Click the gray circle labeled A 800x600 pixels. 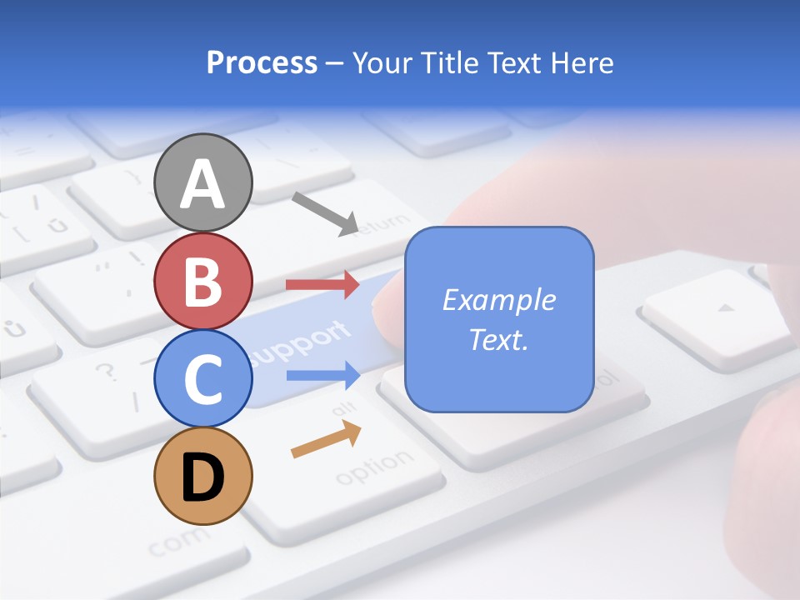point(203,182)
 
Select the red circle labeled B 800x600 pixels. point(203,281)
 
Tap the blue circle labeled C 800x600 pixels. point(203,378)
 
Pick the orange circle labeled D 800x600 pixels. point(203,476)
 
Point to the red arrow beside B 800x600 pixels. point(322,284)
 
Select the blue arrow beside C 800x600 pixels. point(322,375)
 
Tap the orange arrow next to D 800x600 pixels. point(326,439)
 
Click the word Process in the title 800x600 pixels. point(262,62)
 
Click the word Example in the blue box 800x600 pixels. point(498,300)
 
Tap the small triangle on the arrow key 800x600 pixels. point(727,308)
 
